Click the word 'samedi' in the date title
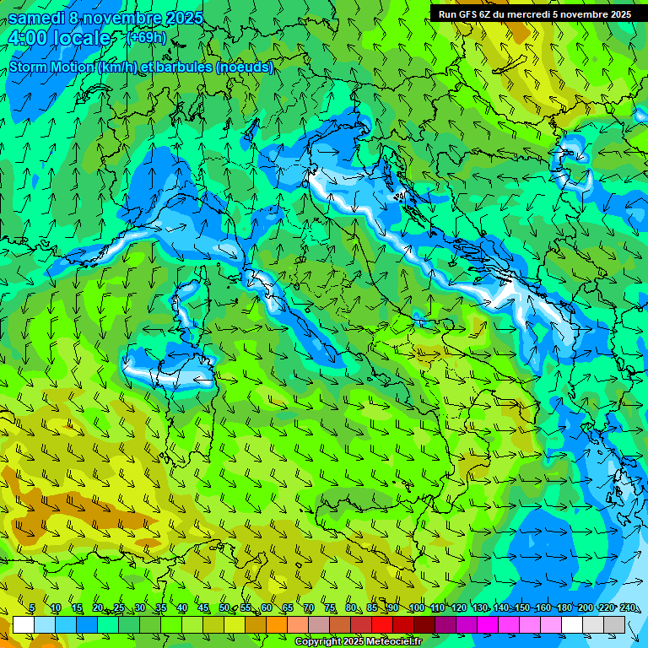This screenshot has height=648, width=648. coord(36,19)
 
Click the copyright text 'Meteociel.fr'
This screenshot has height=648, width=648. coord(394,642)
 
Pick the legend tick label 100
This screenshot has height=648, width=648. coord(416,607)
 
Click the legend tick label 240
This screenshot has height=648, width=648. coord(627,607)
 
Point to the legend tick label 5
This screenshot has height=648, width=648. coord(32,607)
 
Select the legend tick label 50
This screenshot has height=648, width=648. coord(224,607)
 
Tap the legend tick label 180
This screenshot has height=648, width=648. coord(564,607)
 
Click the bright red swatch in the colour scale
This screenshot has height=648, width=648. coord(382,624)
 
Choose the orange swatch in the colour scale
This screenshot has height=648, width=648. coord(256,624)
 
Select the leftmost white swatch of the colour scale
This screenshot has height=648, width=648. coord(24,624)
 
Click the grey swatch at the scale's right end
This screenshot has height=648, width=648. coord(614,624)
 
